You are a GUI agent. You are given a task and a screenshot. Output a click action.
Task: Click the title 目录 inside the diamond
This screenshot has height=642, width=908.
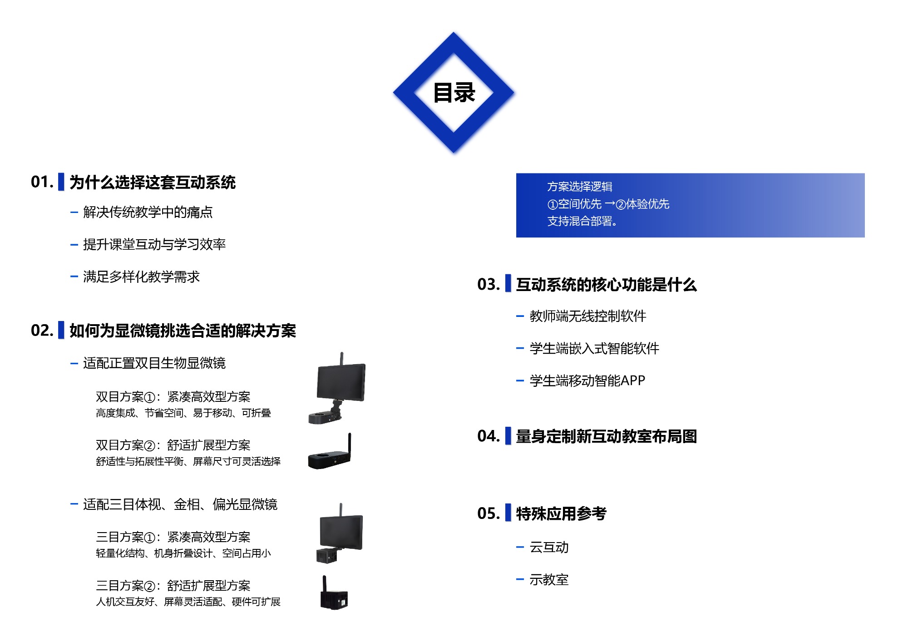pyautogui.click(x=454, y=93)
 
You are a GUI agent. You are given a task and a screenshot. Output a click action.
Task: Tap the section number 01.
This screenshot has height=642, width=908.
pyautogui.click(x=42, y=182)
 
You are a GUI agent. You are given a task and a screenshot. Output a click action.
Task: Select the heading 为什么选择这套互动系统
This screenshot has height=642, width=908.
pyautogui.click(x=153, y=183)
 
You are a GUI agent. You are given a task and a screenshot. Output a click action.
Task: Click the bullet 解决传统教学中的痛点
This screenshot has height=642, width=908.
pyautogui.click(x=148, y=212)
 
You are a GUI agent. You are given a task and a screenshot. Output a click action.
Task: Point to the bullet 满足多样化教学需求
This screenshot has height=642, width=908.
pyautogui.click(x=141, y=277)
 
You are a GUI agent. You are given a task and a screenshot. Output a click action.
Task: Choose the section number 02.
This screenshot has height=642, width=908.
pyautogui.click(x=42, y=331)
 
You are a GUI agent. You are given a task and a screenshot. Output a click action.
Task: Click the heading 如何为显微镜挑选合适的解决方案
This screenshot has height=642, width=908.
pyautogui.click(x=183, y=331)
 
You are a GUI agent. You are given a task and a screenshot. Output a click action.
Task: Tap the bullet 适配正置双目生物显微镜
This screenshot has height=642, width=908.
pyautogui.click(x=154, y=363)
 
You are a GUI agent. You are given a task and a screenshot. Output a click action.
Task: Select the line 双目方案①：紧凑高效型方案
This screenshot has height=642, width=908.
pyautogui.click(x=173, y=397)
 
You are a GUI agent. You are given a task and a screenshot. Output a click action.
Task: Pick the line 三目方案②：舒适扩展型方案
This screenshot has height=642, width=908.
pyautogui.click(x=173, y=586)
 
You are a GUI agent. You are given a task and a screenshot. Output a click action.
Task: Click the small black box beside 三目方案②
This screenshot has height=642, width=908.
pyautogui.click(x=334, y=598)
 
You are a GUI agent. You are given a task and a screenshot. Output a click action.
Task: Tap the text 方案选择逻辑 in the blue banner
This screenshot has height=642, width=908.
pyautogui.click(x=580, y=187)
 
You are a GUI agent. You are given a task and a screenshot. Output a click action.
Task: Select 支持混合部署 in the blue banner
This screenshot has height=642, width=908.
pyautogui.click(x=582, y=221)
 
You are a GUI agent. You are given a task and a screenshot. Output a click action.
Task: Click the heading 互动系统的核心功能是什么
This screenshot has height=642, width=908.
pyautogui.click(x=606, y=285)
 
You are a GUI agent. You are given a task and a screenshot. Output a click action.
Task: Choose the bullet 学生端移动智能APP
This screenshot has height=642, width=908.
pyautogui.click(x=587, y=380)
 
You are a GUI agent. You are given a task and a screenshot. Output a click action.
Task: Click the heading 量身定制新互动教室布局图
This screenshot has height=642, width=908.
pyautogui.click(x=606, y=436)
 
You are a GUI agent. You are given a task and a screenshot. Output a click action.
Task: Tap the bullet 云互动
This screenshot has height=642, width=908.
pyautogui.click(x=549, y=548)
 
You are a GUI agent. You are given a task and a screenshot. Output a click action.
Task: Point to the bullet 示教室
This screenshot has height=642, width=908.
pyautogui.click(x=549, y=580)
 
